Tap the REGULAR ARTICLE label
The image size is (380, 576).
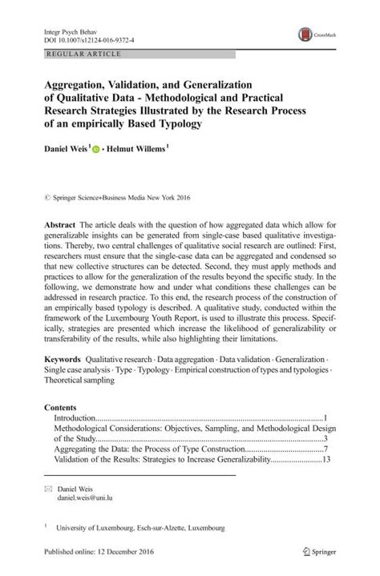[x=74, y=54]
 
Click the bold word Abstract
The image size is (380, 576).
[x=57, y=227]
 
